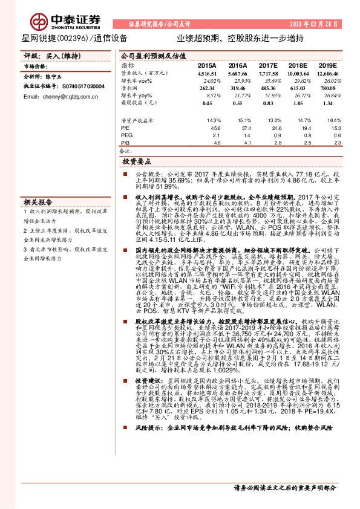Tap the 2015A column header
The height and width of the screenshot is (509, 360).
coord(207,65)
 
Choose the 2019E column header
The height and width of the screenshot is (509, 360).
coord(327,65)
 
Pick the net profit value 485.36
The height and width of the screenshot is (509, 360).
coord(267,88)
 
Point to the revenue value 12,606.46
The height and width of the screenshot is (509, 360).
coord(327,73)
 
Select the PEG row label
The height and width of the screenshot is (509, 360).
coord(126,135)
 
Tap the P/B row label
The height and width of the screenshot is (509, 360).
coord(125,143)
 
